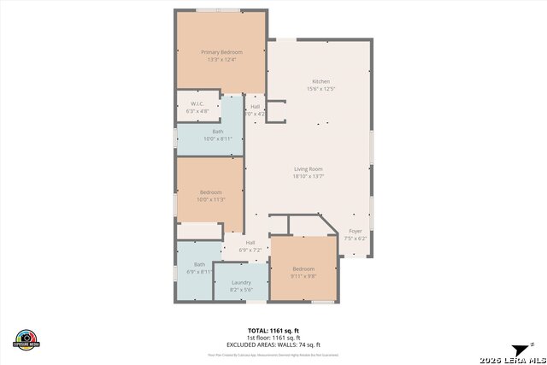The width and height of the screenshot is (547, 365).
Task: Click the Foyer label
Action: point(356,232)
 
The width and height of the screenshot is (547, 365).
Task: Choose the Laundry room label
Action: point(241,282)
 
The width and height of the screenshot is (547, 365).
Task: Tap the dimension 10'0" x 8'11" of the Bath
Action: point(218,138)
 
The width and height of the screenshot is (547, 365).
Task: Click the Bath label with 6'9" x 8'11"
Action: point(199,264)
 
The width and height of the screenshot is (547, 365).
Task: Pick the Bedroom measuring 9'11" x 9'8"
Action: point(303,269)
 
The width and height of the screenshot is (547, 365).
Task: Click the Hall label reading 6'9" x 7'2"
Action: point(250,243)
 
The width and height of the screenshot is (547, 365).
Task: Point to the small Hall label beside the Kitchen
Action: point(255,106)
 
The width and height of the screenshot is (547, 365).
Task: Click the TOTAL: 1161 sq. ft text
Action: point(273,330)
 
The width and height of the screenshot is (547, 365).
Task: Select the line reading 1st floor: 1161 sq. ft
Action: point(273,337)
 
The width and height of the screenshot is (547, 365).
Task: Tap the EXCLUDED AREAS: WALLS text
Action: point(273,344)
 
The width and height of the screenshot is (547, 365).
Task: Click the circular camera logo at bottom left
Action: point(26,339)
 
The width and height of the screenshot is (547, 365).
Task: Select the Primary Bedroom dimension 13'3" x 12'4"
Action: point(221,60)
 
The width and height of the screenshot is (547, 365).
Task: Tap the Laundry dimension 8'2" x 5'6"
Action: point(241,289)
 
